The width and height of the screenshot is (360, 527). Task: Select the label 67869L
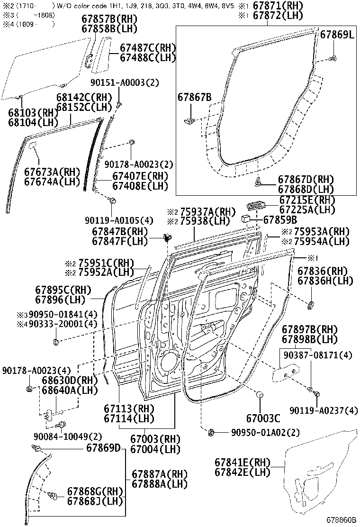click(337, 35)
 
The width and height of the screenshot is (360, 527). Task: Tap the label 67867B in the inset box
click(195, 98)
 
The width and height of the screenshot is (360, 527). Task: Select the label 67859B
click(280, 219)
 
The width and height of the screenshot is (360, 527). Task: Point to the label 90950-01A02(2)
click(266, 432)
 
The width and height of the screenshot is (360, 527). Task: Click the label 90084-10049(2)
click(67, 436)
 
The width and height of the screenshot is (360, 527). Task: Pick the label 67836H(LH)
click(325, 281)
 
